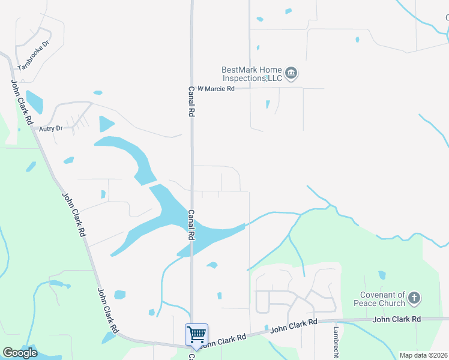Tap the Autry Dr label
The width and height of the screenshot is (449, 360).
[x=50, y=128]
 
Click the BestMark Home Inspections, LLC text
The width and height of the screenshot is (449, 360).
[x=252, y=74]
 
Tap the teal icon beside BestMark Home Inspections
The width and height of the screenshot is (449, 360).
[x=291, y=74]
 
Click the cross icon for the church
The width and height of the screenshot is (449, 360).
[x=414, y=298]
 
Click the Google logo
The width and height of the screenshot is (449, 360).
[x=20, y=353]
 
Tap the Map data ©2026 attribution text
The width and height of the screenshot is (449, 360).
[x=423, y=355]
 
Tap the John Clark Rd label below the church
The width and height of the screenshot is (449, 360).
[x=397, y=319]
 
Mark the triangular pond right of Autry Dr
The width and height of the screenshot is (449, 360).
[x=106, y=124]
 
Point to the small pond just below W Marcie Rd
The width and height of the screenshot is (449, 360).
[x=268, y=104]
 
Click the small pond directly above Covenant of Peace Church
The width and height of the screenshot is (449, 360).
[x=382, y=275]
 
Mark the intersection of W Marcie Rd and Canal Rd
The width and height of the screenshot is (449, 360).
[x=192, y=89]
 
